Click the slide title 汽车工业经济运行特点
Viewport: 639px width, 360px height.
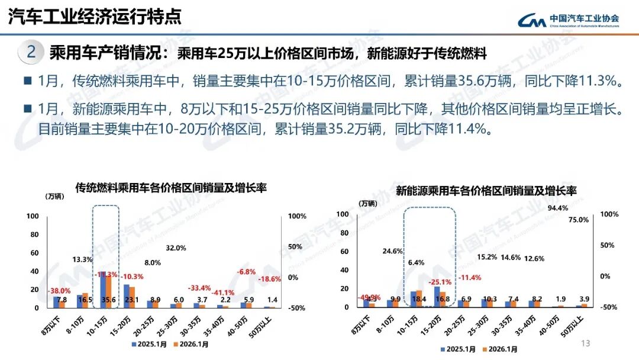[95, 17]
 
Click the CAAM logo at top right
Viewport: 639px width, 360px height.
[569, 20]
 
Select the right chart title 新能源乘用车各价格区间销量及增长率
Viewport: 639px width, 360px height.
[486, 191]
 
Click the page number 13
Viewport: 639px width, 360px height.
[586, 343]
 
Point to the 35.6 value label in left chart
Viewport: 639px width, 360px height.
[108, 300]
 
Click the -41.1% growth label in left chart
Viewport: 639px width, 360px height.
[223, 292]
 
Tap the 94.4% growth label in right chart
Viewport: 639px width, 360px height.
[558, 208]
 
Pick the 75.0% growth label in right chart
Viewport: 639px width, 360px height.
[579, 220]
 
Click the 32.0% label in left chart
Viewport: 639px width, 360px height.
[176, 248]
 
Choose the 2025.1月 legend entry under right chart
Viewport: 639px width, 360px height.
[459, 349]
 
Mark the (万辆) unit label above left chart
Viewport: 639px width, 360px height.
[55, 196]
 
